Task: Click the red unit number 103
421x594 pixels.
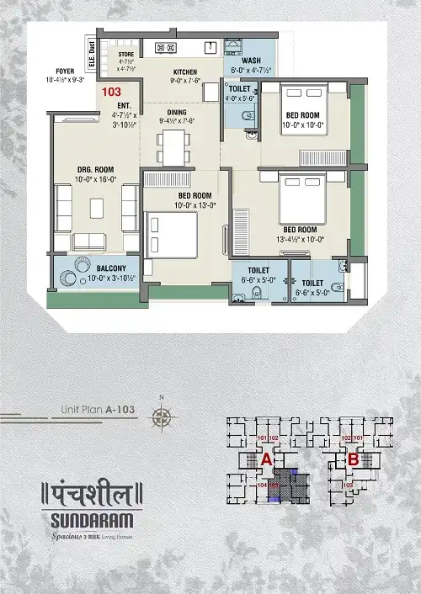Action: (x=110, y=88)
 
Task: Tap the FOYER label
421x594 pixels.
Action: (x=66, y=72)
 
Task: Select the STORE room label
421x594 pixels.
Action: (x=126, y=53)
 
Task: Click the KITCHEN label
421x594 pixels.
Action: (x=185, y=72)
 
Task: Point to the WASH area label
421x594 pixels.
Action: (x=251, y=61)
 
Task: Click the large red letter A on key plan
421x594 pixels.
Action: (x=266, y=460)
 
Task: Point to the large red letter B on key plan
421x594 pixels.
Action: (x=354, y=460)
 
